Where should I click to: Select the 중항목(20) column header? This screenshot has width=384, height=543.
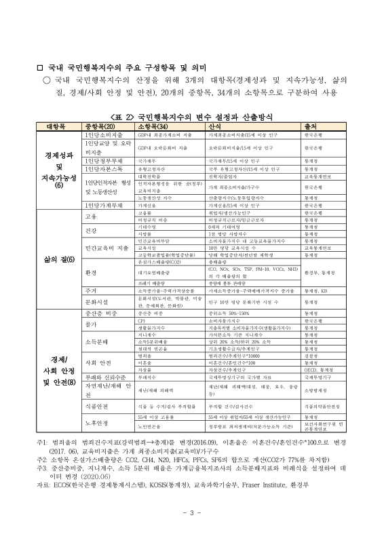[x=102, y=127]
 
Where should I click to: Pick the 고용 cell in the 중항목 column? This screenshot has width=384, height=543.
[x=90, y=217]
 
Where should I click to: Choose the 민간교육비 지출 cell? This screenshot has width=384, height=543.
[x=102, y=248]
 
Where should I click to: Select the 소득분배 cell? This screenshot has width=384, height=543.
[x=96, y=341]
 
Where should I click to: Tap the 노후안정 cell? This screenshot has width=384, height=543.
[x=96, y=425]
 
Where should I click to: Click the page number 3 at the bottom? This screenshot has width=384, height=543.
[x=192, y=510]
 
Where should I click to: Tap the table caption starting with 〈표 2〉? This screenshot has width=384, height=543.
[x=192, y=117]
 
